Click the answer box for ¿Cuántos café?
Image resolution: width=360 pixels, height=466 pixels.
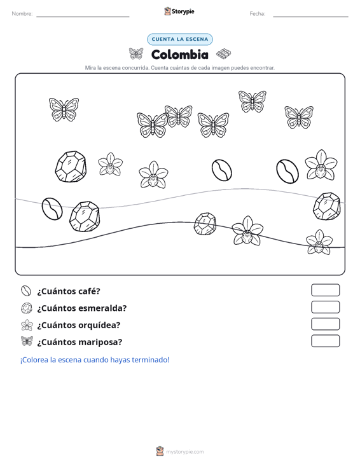pyautogui.click(x=325, y=290)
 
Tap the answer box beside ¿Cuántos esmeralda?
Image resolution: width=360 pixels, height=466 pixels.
pyautogui.click(x=325, y=307)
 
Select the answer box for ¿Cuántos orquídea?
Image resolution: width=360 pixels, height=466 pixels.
pyautogui.click(x=325, y=324)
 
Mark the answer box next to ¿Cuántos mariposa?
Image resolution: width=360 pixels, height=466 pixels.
pyautogui.click(x=325, y=341)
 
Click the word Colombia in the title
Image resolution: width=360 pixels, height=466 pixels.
pyautogui.click(x=180, y=55)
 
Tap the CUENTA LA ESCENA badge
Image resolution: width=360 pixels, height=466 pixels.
pyautogui.click(x=180, y=39)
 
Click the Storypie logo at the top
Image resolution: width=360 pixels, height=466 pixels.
pyautogui.click(x=179, y=11)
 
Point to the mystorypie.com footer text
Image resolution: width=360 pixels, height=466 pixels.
pyautogui.click(x=184, y=452)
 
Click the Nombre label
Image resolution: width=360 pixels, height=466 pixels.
pyautogui.click(x=22, y=14)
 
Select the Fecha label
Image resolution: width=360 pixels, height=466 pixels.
pyautogui.click(x=258, y=14)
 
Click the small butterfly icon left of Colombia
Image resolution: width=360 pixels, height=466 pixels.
pyautogui.click(x=136, y=53)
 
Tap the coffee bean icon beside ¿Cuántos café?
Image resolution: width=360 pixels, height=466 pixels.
pyautogui.click(x=26, y=291)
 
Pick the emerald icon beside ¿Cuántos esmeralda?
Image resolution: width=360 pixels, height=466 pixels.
pyautogui.click(x=27, y=308)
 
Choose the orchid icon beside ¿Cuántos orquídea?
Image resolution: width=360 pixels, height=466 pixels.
pyautogui.click(x=27, y=325)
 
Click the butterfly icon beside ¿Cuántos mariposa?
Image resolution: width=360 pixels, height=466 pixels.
pyautogui.click(x=27, y=341)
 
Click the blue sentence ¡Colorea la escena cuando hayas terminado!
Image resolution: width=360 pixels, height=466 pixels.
pyautogui.click(x=95, y=360)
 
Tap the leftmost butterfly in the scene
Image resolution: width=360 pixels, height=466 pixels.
pyautogui.click(x=64, y=109)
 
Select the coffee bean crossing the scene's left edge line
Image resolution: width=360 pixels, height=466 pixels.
pyautogui.click(x=52, y=209)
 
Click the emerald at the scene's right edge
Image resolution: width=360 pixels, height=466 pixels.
pyautogui.click(x=327, y=206)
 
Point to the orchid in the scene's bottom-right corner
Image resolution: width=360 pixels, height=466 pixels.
pyautogui.click(x=319, y=242)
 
